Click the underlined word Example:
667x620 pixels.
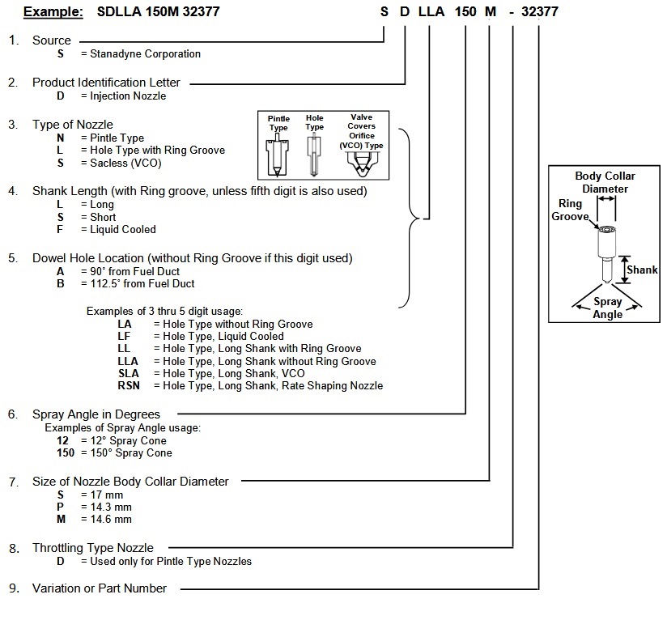click(53, 11)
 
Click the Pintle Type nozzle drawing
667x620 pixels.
click(278, 155)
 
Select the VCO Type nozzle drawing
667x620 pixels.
click(361, 164)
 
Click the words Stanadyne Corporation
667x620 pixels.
click(145, 54)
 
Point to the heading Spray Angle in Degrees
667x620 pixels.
click(96, 414)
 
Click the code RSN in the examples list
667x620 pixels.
click(129, 386)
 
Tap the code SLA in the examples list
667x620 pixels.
click(129, 373)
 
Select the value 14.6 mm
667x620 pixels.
click(111, 519)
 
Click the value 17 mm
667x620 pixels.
click(107, 495)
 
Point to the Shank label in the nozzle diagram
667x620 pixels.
click(642, 270)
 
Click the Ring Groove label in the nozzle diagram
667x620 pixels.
click(570, 210)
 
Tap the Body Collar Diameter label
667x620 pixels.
click(605, 182)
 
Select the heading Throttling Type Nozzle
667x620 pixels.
click(93, 548)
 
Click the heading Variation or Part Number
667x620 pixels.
click(100, 588)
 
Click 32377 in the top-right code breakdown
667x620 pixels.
click(540, 11)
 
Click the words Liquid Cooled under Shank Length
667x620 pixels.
click(123, 230)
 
